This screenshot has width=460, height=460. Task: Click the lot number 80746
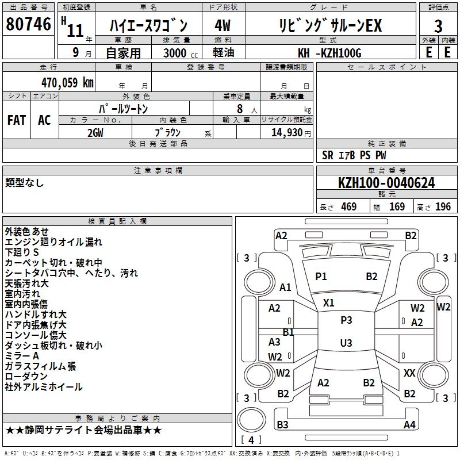coord(28,24)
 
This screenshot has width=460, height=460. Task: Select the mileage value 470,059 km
coord(67,82)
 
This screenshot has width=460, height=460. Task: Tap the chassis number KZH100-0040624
coord(386,183)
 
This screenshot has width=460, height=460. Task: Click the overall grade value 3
coord(438,26)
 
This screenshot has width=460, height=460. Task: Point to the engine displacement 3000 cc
coord(181,53)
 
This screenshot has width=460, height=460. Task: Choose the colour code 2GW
coord(95,133)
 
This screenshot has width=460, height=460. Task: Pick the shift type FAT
coord(17,120)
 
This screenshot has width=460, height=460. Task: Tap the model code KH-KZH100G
coord(329,53)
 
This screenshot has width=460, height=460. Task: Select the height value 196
coord(443,206)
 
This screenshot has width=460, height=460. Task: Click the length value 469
coord(349,206)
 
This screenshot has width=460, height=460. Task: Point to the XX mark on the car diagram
coord(409,373)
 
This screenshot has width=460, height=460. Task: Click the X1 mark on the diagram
coord(328,302)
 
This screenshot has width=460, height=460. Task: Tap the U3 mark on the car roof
coord(346,343)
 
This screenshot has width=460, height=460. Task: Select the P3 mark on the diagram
coord(346,320)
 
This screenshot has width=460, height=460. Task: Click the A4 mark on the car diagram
coord(409,424)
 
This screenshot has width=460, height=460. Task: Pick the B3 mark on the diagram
coord(282,424)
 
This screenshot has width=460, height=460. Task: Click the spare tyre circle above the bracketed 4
coord(251,420)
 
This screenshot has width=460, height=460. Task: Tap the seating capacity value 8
coord(240,109)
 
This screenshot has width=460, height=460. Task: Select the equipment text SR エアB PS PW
coord(354,155)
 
